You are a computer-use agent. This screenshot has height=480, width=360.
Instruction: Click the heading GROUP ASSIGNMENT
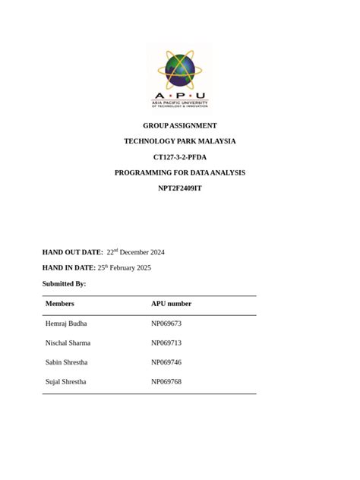pos(180,125)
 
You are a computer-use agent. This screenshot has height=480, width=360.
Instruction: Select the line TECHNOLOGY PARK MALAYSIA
pos(180,141)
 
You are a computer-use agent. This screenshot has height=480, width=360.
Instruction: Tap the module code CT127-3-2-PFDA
pos(180,157)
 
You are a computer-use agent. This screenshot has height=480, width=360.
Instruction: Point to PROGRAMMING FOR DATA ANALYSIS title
pos(180,173)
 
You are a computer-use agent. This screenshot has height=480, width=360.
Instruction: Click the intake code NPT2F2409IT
pos(180,188)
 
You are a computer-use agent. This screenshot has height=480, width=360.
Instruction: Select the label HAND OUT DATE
pos(72,252)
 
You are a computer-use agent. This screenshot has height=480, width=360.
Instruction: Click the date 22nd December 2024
pos(135,252)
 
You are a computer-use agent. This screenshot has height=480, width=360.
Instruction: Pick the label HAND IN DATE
pos(68,268)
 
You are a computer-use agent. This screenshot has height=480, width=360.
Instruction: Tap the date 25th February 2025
pos(125,268)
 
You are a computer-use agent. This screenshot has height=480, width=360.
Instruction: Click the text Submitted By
pos(64,284)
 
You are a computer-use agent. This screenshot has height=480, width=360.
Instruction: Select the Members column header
pos(60,304)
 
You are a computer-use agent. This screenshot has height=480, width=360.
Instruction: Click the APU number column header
pos(171,304)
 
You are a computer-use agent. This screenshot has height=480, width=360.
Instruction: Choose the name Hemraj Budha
pos(66,324)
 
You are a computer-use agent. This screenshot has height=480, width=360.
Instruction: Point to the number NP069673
pos(166,324)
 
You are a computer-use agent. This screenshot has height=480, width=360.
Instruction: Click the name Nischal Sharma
pos(68,343)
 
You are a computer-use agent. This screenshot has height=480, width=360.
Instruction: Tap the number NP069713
pos(166,343)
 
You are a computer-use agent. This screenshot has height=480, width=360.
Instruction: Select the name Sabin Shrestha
pos(66,362)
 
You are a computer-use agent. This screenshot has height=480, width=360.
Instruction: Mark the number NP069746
pos(166,362)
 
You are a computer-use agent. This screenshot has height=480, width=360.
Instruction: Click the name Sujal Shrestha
pos(65,382)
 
